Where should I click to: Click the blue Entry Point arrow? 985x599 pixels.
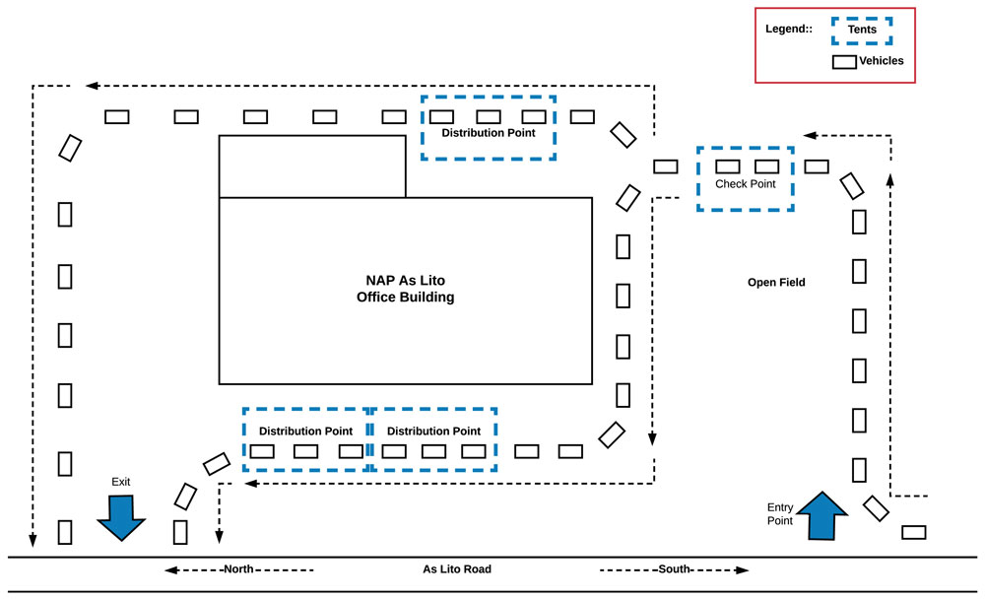[x=821, y=515]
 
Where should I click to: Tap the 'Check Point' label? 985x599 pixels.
[x=746, y=184]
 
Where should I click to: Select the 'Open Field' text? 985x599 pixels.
[x=776, y=283]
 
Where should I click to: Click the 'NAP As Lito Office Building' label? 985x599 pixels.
[x=405, y=289]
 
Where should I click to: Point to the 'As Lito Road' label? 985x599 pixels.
[x=457, y=569]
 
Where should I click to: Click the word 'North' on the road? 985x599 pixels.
[x=239, y=569]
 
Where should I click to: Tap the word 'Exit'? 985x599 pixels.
[x=120, y=482]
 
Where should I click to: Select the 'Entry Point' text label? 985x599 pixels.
[x=780, y=513]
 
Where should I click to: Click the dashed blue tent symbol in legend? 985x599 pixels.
[x=862, y=31]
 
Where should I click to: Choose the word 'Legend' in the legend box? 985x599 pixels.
[x=787, y=30]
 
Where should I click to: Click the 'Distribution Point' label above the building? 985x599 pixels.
[x=489, y=133]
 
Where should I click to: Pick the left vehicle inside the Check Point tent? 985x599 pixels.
[x=728, y=166]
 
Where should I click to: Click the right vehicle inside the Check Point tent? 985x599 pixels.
[x=767, y=166]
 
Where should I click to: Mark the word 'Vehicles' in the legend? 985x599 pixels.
[x=881, y=61]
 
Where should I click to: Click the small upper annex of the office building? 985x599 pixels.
[x=311, y=166]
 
